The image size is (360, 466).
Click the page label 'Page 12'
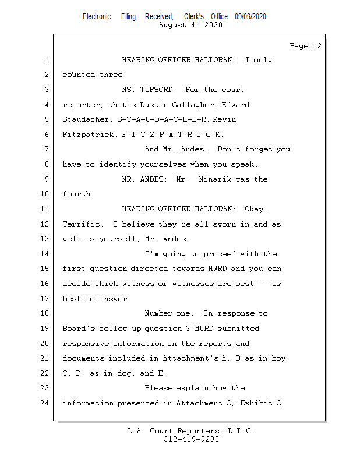[x=305, y=46]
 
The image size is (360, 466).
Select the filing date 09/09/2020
[x=250, y=17]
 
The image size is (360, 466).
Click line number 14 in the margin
[x=47, y=254]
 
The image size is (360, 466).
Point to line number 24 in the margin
[x=47, y=403]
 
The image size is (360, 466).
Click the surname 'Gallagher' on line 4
[x=229, y=105]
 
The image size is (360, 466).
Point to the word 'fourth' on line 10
[x=76, y=194]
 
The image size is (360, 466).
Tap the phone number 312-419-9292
[x=190, y=439]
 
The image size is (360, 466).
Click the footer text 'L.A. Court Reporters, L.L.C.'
[x=190, y=431]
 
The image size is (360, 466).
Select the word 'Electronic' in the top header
[x=97, y=17]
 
